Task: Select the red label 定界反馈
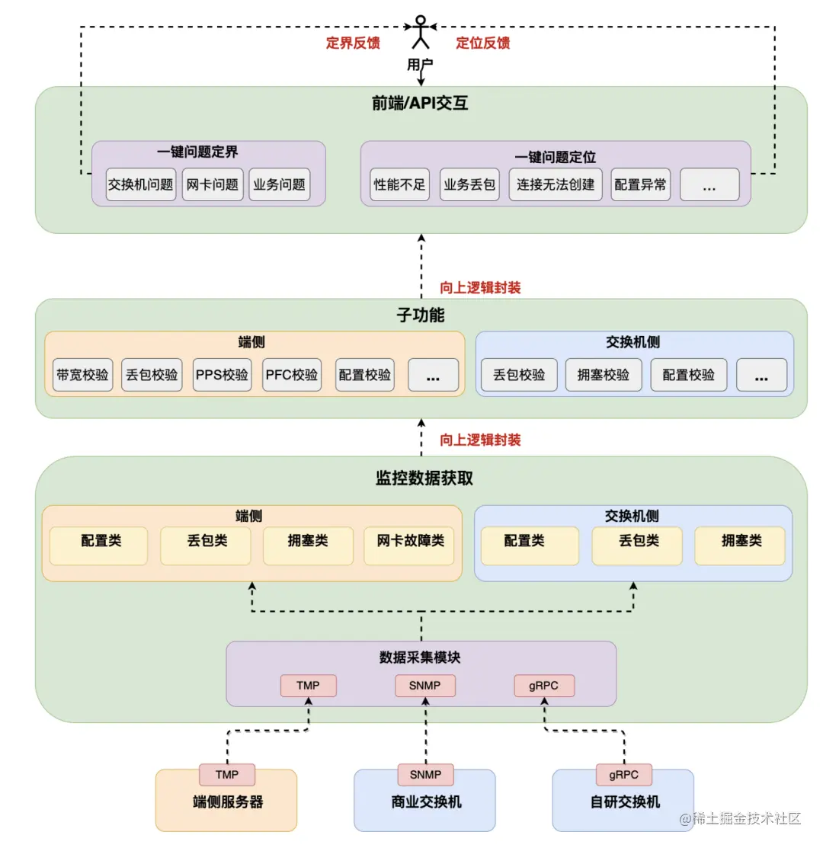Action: [x=353, y=43]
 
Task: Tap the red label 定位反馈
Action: [x=483, y=43]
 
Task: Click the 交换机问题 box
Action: [x=141, y=184]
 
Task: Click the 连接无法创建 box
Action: [x=556, y=184]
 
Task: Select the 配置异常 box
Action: [x=640, y=184]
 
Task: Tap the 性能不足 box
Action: [x=400, y=184]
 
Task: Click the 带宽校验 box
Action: [x=82, y=375]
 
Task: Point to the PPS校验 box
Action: [x=222, y=375]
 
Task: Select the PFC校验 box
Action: [x=292, y=375]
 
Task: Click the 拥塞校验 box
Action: [x=604, y=375]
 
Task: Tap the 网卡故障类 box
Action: [x=409, y=541]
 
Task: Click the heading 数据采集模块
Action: [x=420, y=658]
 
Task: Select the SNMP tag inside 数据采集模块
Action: [x=425, y=686]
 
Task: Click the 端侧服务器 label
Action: [x=227, y=802]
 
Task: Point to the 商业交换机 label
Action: [x=424, y=802]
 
